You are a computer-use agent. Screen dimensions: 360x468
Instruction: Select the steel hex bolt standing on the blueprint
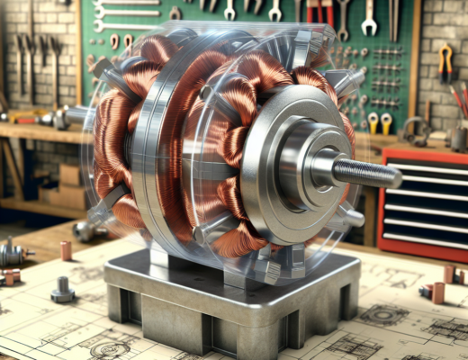[x=62, y=289]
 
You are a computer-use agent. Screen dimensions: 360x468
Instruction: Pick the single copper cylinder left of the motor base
[x=66, y=249]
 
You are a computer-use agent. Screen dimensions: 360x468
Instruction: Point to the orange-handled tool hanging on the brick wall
[x=445, y=63]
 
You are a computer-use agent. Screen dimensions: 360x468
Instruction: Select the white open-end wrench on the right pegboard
[x=368, y=18]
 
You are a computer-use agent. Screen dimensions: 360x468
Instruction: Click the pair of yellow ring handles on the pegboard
[x=379, y=122]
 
